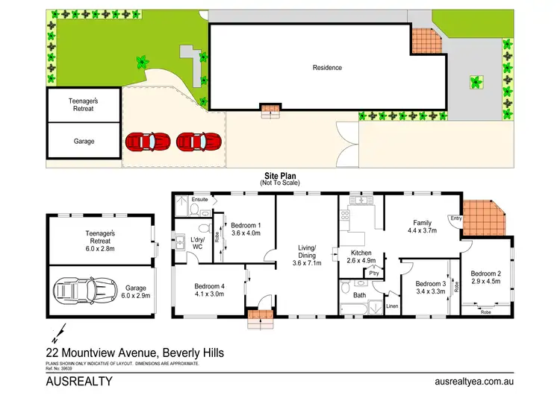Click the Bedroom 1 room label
point(246,225)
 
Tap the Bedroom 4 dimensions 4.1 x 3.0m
point(210,294)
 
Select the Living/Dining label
point(307,252)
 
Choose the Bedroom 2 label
point(485,274)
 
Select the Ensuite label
point(200,200)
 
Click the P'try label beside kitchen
point(374,274)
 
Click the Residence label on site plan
point(327,67)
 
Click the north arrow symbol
point(57,330)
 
